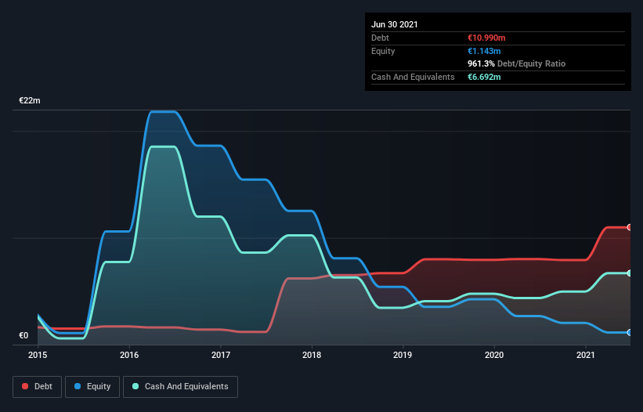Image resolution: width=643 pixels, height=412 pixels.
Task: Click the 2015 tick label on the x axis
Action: click(x=38, y=355)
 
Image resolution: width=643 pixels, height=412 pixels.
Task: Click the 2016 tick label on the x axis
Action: click(x=129, y=355)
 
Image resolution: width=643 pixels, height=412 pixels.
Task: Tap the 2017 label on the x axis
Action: click(x=220, y=355)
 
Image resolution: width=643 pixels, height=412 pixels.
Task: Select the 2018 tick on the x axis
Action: click(x=312, y=355)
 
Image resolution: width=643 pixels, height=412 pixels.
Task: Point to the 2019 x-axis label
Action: click(x=403, y=355)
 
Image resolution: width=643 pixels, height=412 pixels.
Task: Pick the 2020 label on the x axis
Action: click(x=494, y=355)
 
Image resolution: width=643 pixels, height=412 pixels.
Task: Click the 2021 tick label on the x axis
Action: click(x=586, y=355)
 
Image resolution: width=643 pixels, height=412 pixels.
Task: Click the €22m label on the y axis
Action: click(x=30, y=101)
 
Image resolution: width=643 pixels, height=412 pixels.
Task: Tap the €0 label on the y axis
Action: click(x=23, y=336)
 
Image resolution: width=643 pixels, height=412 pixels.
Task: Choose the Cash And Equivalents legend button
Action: click(x=180, y=386)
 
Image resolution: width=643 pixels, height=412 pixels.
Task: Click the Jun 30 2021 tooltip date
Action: click(x=395, y=24)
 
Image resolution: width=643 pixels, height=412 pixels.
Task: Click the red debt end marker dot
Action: click(x=629, y=227)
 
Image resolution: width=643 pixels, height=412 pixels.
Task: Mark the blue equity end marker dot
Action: click(x=629, y=332)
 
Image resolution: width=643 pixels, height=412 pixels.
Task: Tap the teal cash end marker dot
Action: click(x=629, y=273)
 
